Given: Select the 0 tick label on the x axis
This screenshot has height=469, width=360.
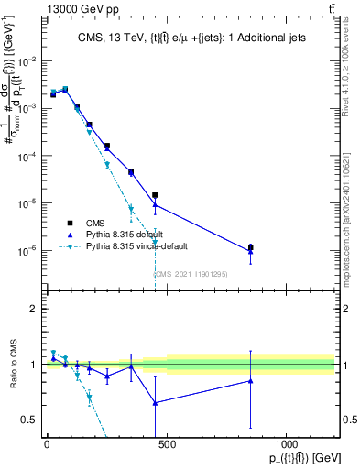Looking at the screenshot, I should pyautogui.click(x=47, y=446).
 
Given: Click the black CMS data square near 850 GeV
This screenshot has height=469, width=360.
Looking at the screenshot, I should pyautogui.click(x=250, y=247).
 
